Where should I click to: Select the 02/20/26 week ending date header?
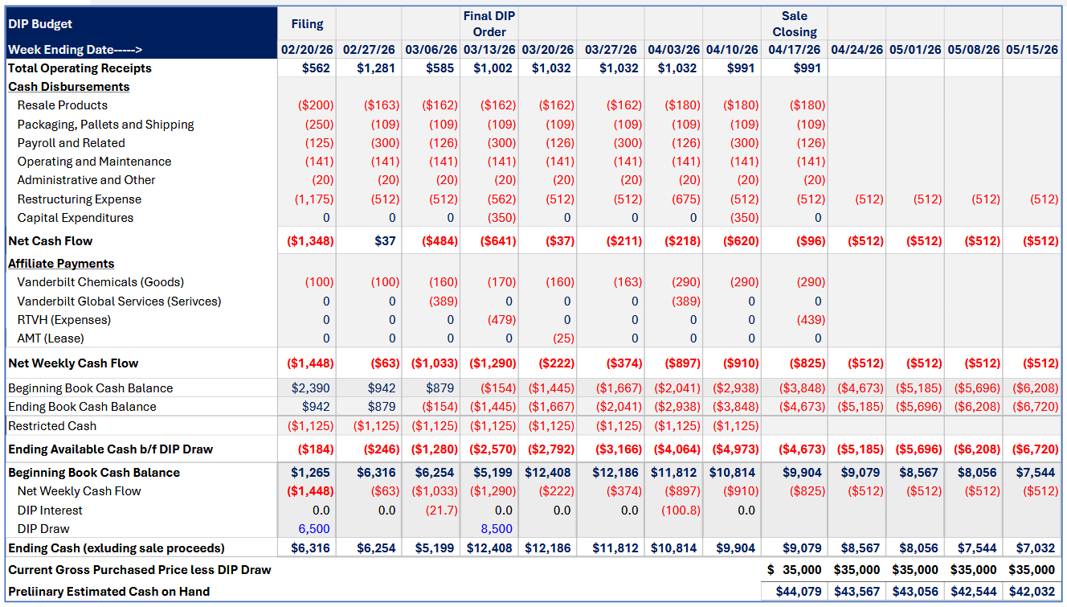[x=307, y=50]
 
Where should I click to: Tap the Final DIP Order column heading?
[x=489, y=24]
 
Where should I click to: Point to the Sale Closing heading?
[x=794, y=24]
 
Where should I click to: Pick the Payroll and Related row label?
[x=71, y=143]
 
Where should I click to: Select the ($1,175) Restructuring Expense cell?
[x=314, y=199]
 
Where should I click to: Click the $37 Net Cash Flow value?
[x=385, y=241]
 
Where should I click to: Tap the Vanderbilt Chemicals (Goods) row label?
[x=100, y=282]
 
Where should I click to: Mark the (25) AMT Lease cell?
[x=562, y=338]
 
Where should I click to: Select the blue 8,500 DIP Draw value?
[x=497, y=529]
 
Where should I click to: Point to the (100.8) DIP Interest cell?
[x=680, y=511]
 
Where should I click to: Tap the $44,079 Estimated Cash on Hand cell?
[x=799, y=592]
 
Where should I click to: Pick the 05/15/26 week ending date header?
[x=1032, y=50]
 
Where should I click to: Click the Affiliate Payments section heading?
[x=61, y=264]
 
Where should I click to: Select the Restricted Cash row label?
[x=52, y=426]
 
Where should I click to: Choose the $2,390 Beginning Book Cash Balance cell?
[x=313, y=388]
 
